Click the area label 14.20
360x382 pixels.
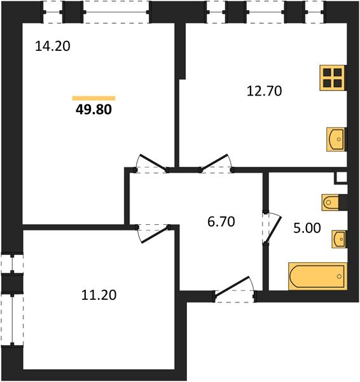(54, 46)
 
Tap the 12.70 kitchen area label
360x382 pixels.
(263, 90)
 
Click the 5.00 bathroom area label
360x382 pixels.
(306, 227)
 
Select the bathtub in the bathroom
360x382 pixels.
(317, 276)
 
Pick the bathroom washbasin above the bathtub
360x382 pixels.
(338, 239)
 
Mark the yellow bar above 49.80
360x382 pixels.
(94, 97)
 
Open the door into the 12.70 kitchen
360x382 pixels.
(216, 164)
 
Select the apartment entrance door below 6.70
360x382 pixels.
(234, 288)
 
